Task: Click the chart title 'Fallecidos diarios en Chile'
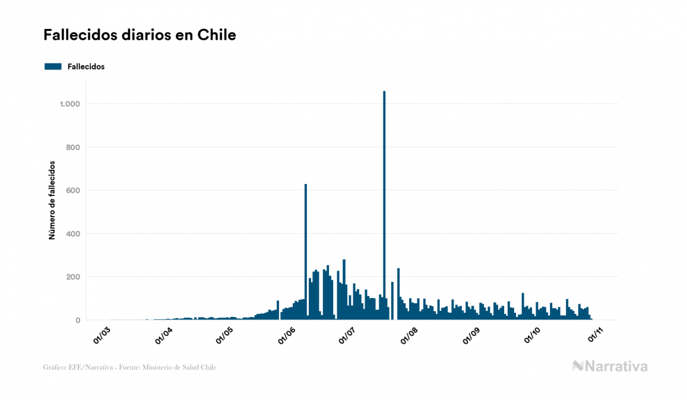click(140, 35)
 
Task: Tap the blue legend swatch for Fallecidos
click(53, 66)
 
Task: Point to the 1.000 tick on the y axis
click(69, 104)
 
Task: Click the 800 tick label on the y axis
click(72, 147)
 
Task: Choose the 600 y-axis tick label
click(72, 191)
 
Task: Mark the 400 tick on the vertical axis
click(72, 234)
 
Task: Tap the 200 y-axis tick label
click(72, 277)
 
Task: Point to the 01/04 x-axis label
click(163, 335)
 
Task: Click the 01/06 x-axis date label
click(287, 335)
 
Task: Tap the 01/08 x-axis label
click(410, 335)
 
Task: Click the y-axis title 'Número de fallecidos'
click(52, 200)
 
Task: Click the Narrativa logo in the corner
click(610, 366)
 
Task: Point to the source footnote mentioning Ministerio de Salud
click(129, 367)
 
